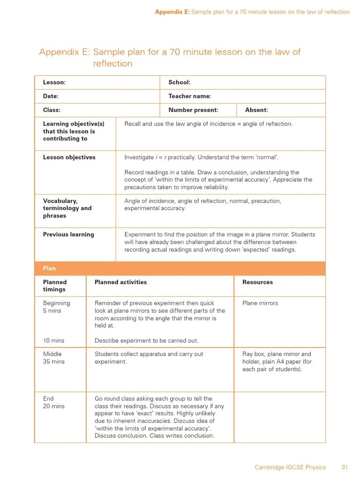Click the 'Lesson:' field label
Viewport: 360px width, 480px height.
(x=54, y=82)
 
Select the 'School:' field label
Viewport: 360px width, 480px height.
(x=179, y=82)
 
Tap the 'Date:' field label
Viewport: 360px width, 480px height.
(x=51, y=96)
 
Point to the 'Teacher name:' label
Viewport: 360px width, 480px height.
(x=189, y=96)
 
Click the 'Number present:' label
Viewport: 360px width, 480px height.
(x=193, y=110)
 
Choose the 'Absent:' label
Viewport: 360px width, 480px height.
(x=256, y=110)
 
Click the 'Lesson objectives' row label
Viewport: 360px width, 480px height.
(x=69, y=157)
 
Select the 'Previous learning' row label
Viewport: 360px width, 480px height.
(x=68, y=234)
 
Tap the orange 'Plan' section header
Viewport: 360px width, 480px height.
(x=49, y=269)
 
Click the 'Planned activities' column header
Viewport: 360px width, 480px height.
(x=120, y=282)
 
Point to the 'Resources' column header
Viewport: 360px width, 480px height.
(x=257, y=282)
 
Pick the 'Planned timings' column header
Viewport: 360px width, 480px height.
(x=55, y=286)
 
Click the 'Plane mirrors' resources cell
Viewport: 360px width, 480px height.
(x=260, y=303)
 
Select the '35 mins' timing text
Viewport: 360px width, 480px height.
(x=53, y=362)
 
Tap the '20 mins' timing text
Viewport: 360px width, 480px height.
(x=53, y=406)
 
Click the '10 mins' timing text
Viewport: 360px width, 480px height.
(x=53, y=341)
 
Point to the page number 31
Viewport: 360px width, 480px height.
(x=345, y=467)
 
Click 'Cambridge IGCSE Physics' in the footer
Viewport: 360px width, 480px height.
(x=290, y=467)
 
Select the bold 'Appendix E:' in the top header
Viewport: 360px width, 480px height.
(x=172, y=12)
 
